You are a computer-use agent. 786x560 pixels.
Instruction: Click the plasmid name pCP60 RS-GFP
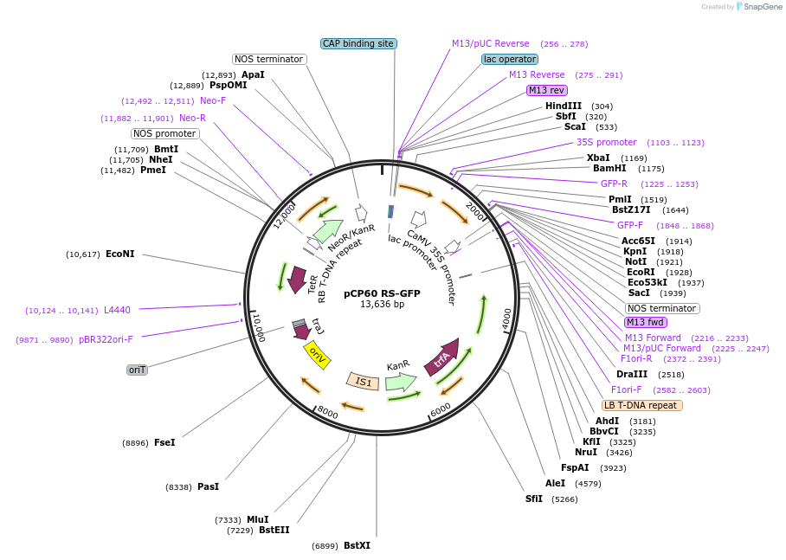tap(382, 293)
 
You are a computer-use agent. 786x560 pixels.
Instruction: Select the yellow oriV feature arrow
tap(317, 355)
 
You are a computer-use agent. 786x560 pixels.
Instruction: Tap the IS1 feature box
tap(364, 381)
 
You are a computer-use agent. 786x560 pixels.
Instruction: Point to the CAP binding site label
tap(358, 43)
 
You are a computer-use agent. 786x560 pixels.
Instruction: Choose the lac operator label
tap(510, 59)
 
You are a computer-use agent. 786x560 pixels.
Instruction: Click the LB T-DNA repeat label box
tap(642, 405)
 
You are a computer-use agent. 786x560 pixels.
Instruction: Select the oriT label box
tap(137, 370)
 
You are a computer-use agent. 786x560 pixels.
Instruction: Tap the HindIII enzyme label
tap(564, 106)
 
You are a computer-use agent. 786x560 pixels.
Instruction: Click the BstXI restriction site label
tap(357, 545)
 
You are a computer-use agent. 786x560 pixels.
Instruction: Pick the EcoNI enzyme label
tap(120, 254)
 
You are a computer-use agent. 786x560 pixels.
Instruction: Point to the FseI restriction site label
tap(164, 442)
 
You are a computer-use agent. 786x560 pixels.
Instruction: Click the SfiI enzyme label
tap(534, 499)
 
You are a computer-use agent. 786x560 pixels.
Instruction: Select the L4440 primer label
tap(117, 309)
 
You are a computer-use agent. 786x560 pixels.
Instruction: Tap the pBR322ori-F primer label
tap(106, 339)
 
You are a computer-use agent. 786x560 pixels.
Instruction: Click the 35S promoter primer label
tap(607, 142)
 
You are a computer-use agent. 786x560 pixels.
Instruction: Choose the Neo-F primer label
tap(213, 100)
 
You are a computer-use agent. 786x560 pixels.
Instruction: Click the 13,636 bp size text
tap(382, 305)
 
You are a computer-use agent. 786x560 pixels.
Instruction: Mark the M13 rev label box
tap(547, 90)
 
